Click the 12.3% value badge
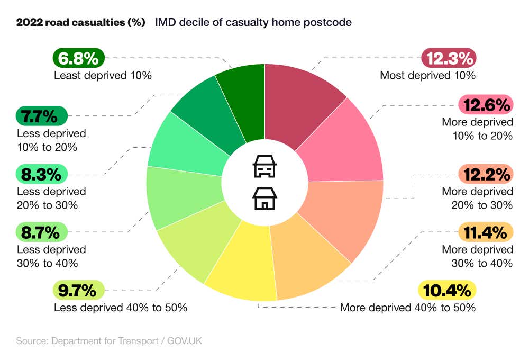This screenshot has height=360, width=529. point(449,58)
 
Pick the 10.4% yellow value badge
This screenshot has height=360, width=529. point(447,291)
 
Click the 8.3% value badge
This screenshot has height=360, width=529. point(42,174)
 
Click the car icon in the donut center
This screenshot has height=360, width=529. point(264,166)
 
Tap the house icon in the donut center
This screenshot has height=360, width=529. point(264,199)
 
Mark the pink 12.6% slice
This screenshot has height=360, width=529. point(344,146)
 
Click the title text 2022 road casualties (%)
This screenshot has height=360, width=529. point(80,23)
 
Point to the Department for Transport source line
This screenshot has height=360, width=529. point(109,341)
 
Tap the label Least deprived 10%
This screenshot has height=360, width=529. point(103,75)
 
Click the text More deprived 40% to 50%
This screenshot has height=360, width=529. point(407,308)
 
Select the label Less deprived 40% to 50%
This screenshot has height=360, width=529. point(121,308)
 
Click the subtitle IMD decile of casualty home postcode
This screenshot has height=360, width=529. point(253,23)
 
